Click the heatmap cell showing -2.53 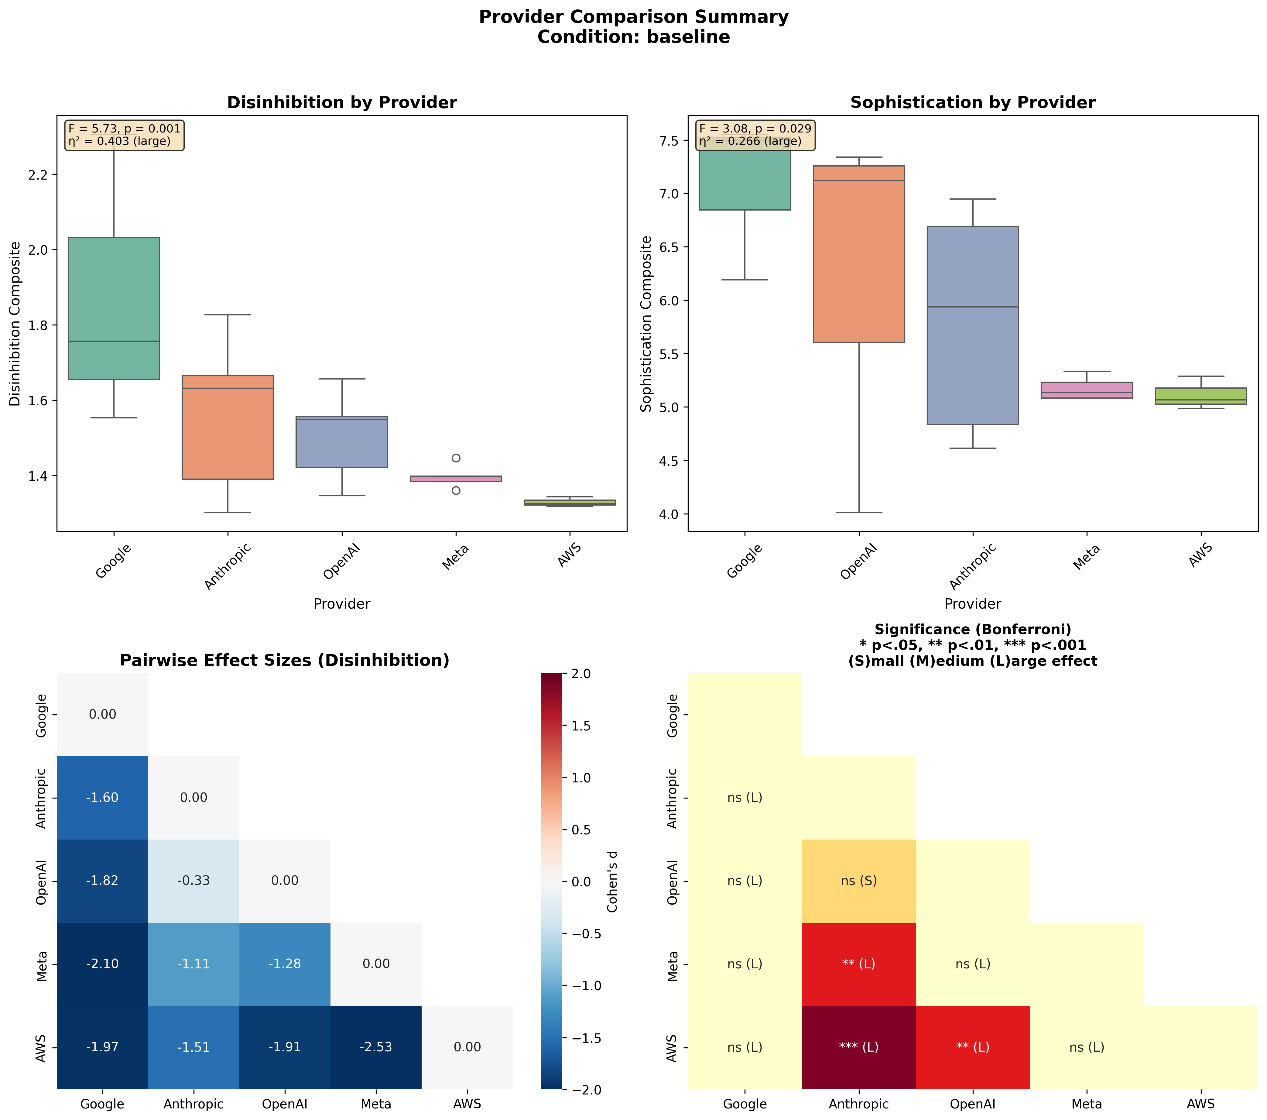click(376, 1047)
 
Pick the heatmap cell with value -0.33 click(193, 881)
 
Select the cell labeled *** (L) click(858, 1047)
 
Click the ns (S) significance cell click(858, 881)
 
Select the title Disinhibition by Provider click(341, 102)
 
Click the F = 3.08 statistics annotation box click(755, 135)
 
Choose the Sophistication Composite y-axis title click(646, 323)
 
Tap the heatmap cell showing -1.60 click(102, 798)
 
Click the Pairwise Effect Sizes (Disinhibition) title click(285, 661)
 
